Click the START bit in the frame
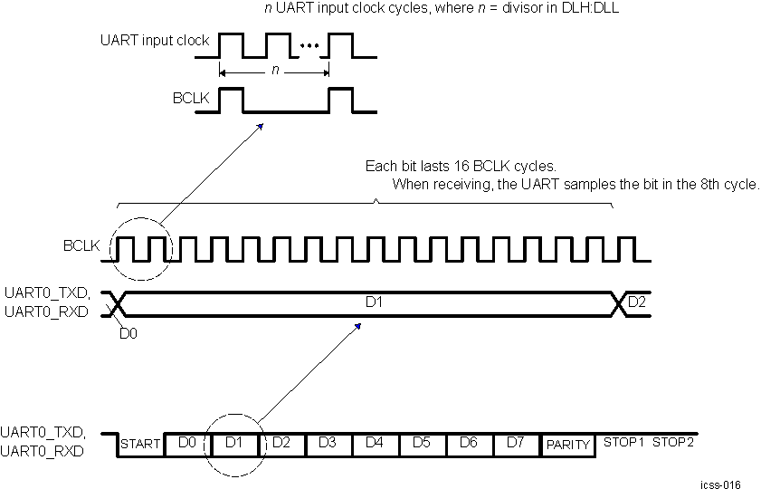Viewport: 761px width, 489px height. click(x=140, y=444)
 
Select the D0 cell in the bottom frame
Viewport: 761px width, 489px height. click(x=187, y=443)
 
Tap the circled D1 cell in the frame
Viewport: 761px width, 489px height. click(x=234, y=443)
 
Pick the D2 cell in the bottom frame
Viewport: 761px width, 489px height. click(x=281, y=443)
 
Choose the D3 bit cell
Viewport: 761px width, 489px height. click(x=328, y=443)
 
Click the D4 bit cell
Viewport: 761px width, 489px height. click(x=375, y=443)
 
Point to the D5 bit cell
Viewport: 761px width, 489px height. click(x=422, y=443)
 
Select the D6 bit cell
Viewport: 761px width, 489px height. click(x=469, y=443)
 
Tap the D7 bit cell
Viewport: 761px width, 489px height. click(x=516, y=443)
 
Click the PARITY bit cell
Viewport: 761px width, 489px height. click(x=567, y=445)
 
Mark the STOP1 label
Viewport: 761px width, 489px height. click(x=623, y=443)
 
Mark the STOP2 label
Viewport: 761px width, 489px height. click(x=673, y=443)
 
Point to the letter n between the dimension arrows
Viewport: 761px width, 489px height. click(x=274, y=69)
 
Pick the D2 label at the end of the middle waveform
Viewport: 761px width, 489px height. click(x=637, y=301)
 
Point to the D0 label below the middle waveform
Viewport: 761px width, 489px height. click(x=128, y=333)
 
